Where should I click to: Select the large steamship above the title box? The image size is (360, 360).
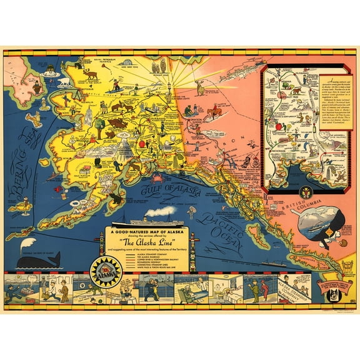(156, 222)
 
